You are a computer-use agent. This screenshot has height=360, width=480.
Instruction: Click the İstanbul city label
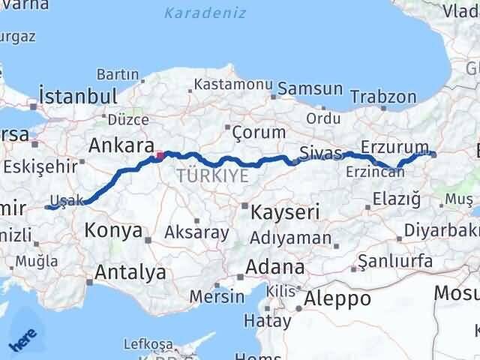tap(78, 96)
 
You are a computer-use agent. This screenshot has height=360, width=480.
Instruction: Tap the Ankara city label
tap(121, 145)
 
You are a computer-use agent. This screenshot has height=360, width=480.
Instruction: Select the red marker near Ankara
tap(159, 156)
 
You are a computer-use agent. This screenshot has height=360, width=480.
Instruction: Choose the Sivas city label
tap(320, 152)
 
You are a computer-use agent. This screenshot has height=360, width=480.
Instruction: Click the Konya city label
tap(114, 230)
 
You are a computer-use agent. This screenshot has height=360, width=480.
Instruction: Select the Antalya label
tap(131, 273)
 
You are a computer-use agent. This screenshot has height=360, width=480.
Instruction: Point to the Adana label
tap(277, 268)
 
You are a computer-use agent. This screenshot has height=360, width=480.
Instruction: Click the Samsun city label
tap(310, 89)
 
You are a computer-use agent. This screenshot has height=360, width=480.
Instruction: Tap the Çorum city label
tap(259, 132)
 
